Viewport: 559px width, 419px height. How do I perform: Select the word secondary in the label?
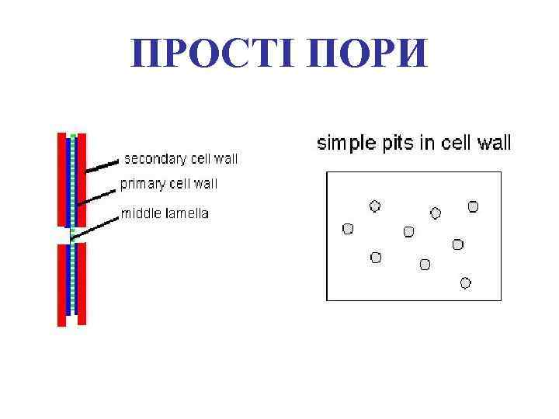pos(155,159)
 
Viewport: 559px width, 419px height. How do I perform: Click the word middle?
pos(140,213)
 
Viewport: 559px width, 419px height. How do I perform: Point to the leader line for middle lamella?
pos(95,226)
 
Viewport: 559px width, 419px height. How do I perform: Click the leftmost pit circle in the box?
pos(348,229)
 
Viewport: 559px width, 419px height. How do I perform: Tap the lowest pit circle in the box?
pos(466,283)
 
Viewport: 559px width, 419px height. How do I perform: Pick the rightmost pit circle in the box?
pos(473,206)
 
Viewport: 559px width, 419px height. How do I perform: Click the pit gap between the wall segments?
pos(72,235)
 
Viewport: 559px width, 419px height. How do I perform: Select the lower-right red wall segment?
pos(82,283)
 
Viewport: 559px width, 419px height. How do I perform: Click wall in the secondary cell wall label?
pos(224,159)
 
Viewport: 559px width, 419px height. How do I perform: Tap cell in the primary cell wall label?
pos(182,184)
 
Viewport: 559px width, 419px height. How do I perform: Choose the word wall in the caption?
pos(493,143)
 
